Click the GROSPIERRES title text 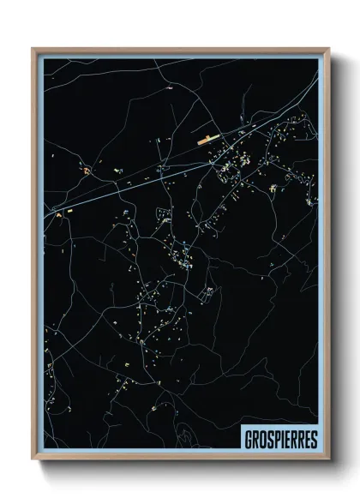click(x=279, y=437)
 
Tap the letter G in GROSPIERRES click(x=247, y=437)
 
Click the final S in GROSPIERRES click(x=313, y=437)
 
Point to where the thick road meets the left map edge click(x=45, y=209)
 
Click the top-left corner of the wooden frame click(x=34, y=49)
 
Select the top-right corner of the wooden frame click(x=328, y=49)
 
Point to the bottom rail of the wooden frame click(x=180, y=457)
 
